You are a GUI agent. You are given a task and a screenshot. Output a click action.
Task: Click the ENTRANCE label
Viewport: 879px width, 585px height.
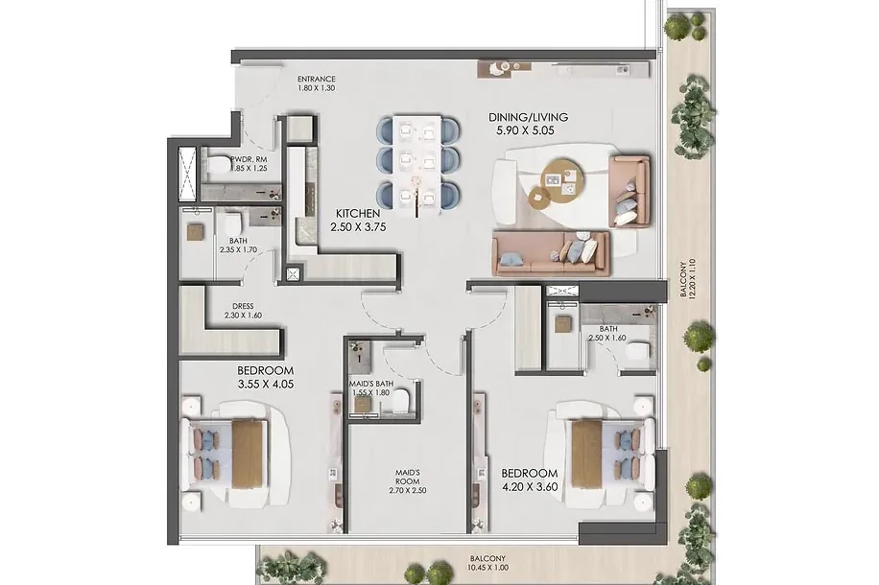pos(316,79)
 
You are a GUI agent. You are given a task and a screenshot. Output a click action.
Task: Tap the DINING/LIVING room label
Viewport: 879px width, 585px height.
pos(528,117)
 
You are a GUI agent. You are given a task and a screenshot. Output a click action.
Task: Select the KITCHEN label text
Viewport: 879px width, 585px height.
pos(358,214)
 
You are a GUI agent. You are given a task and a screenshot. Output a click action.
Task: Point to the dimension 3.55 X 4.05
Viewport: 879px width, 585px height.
pos(265,385)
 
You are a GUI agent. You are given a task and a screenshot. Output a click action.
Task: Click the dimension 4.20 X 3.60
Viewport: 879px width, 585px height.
pos(530,487)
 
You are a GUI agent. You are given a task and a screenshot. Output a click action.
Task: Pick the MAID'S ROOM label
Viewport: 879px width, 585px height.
pos(408,477)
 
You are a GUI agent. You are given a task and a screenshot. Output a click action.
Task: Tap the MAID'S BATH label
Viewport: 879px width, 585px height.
pos(371,384)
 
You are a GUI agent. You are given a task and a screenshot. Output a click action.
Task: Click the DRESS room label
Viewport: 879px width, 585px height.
pos(243,307)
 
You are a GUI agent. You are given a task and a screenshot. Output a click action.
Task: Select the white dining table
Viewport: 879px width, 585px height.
pos(417,165)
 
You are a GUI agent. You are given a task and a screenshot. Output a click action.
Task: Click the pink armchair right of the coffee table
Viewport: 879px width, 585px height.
pos(629,191)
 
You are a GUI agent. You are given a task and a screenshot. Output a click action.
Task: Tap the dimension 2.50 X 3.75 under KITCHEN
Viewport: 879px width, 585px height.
pos(358,227)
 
